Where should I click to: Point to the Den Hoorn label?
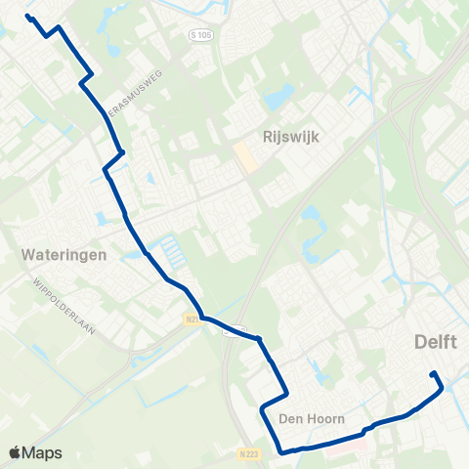[x=312, y=418]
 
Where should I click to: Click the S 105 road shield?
[x=199, y=34]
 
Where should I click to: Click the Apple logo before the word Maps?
[x=15, y=452]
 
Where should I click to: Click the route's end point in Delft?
[x=433, y=373]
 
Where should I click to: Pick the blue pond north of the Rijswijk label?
[x=278, y=96]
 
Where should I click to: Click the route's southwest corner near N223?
[x=281, y=451]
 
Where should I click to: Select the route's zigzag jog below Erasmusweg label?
[x=113, y=161]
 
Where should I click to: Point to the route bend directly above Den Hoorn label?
[x=286, y=393]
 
